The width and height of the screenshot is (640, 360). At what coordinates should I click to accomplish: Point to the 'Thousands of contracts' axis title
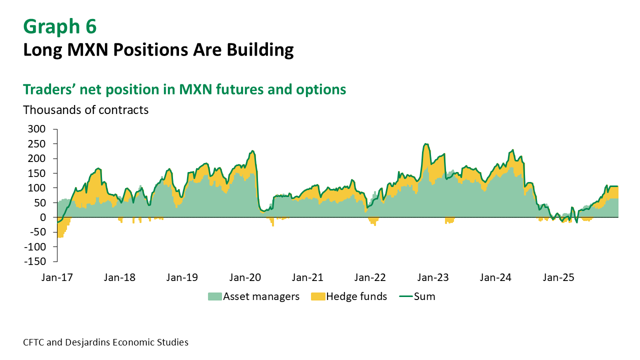click(x=85, y=110)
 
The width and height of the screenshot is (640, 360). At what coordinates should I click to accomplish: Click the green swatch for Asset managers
click(x=214, y=296)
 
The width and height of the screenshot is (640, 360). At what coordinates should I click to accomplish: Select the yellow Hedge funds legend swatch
click(x=317, y=296)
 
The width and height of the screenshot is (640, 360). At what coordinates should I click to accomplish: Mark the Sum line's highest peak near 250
click(x=425, y=144)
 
